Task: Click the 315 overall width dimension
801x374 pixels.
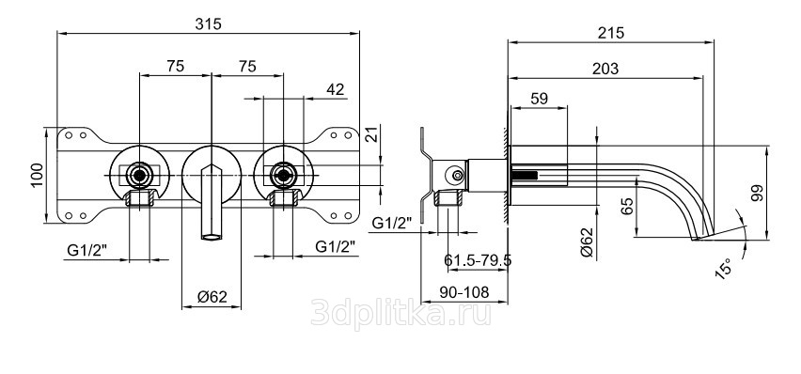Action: click(209, 24)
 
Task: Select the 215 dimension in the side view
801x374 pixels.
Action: click(611, 33)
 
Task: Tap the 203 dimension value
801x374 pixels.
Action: click(605, 69)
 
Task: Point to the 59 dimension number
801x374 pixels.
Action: click(540, 98)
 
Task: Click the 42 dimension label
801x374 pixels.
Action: click(335, 89)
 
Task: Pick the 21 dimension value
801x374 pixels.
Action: click(373, 134)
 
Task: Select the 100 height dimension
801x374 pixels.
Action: click(38, 175)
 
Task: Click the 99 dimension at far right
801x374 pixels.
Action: click(757, 193)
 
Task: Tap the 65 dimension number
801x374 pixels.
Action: click(628, 206)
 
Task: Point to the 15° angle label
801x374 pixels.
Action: click(724, 268)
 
